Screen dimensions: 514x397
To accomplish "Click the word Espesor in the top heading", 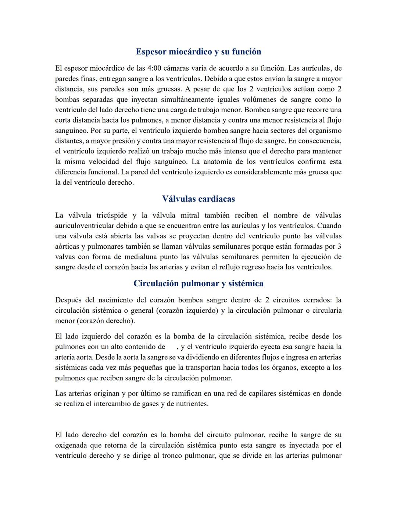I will tap(151, 52).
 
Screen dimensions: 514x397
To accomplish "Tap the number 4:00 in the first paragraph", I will tap(154, 68).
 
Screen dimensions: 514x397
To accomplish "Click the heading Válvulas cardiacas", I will tap(198, 199).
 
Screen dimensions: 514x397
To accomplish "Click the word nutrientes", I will tap(190, 404).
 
